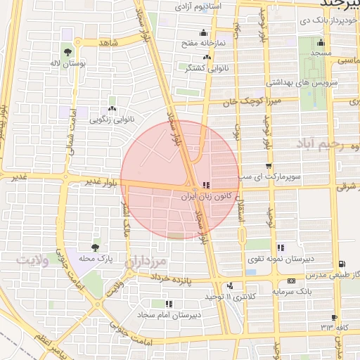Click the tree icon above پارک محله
pos(95,247)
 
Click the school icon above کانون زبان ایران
pos(205,186)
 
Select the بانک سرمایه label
pos(292,290)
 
